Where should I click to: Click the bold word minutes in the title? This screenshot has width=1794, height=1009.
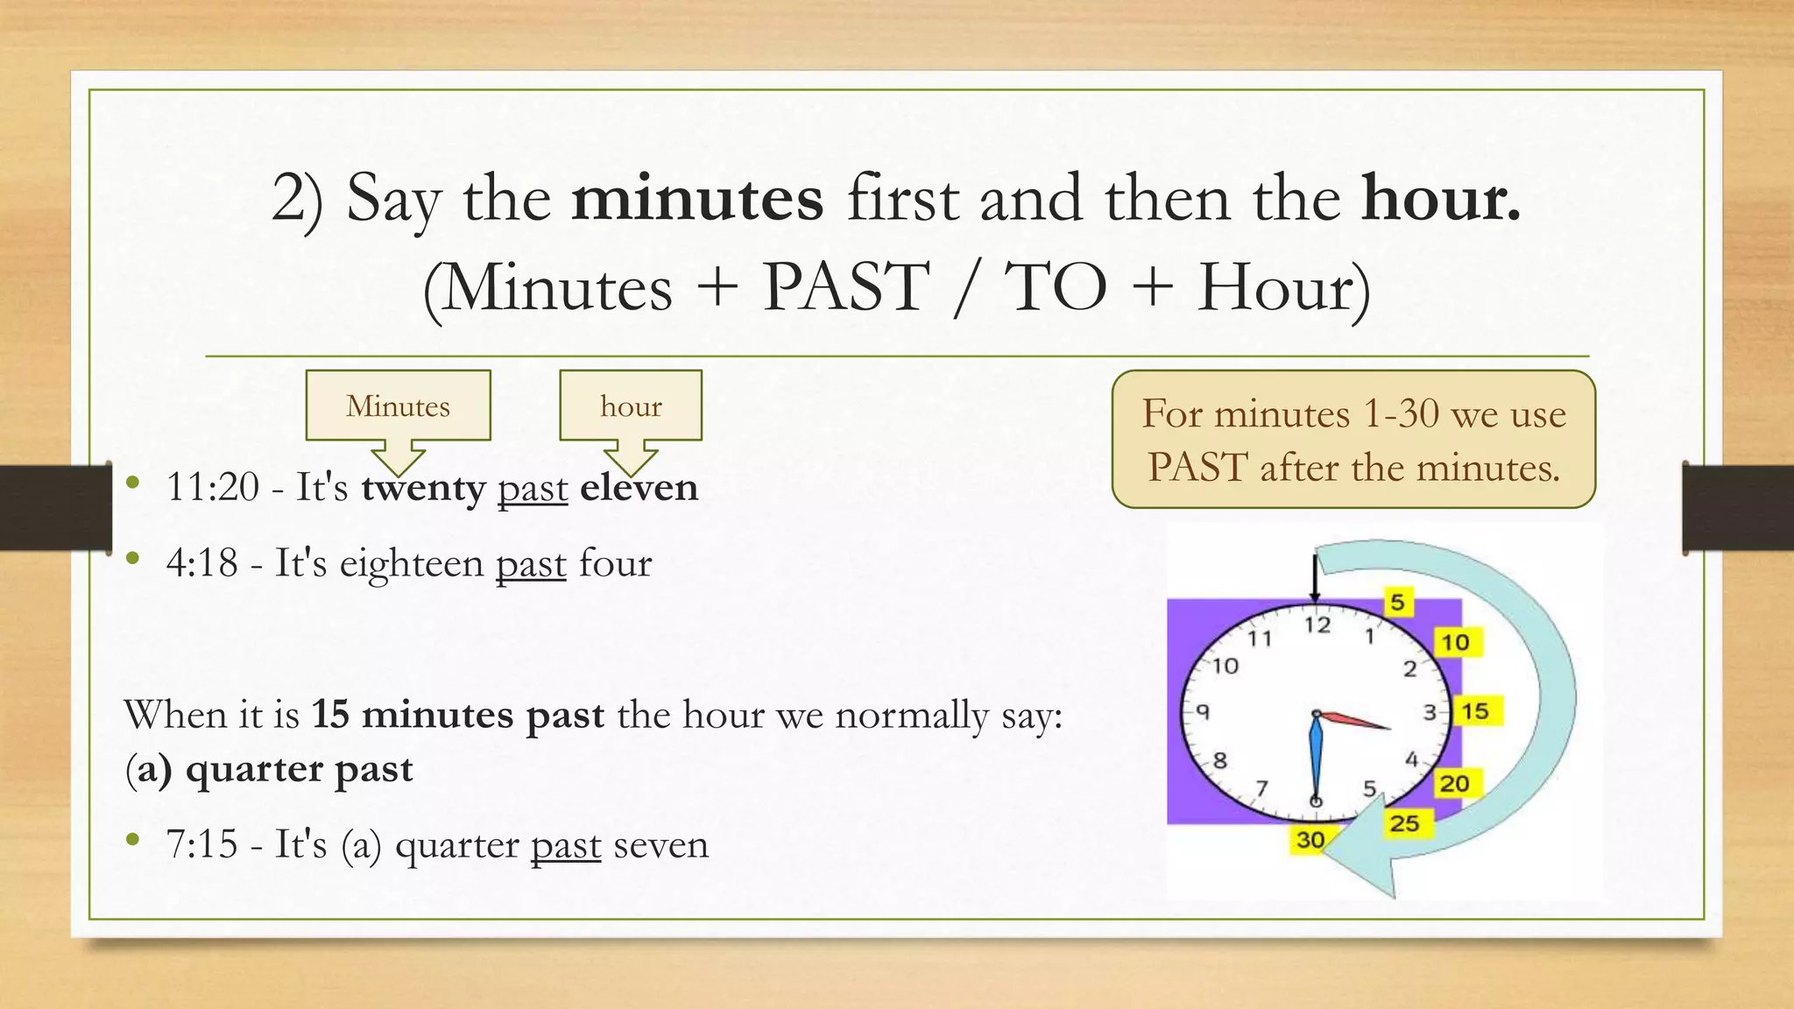tap(697, 199)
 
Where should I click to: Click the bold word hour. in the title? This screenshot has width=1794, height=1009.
tap(1441, 199)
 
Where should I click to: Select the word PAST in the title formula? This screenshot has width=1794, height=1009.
tap(845, 287)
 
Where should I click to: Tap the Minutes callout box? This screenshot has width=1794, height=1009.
tap(398, 406)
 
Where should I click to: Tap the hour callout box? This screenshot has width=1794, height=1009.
tap(631, 406)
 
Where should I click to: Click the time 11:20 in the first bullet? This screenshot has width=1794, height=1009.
tap(213, 487)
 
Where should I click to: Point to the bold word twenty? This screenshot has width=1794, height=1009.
tap(423, 487)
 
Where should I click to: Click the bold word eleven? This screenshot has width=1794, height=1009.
tap(639, 487)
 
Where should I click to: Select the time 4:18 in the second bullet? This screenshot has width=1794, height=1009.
tap(201, 563)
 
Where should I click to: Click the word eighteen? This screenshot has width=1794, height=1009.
tap(411, 563)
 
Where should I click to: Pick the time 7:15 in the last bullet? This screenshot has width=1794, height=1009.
tap(201, 844)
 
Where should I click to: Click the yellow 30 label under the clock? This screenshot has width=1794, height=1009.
tap(1310, 840)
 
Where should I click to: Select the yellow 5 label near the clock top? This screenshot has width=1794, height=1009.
tap(1397, 603)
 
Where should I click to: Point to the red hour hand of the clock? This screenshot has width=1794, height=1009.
tap(1356, 721)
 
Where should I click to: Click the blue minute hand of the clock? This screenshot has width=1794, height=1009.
tap(1315, 759)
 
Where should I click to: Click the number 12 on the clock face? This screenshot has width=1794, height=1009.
tap(1317, 624)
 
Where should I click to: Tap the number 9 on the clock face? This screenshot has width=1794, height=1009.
tap(1204, 711)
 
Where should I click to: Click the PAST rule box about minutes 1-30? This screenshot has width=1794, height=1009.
tap(1353, 440)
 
